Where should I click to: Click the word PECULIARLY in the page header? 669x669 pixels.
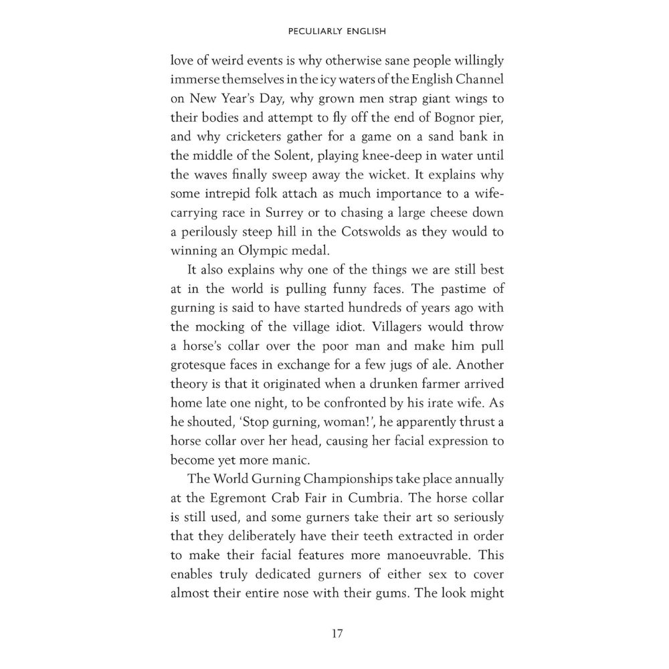309,31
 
